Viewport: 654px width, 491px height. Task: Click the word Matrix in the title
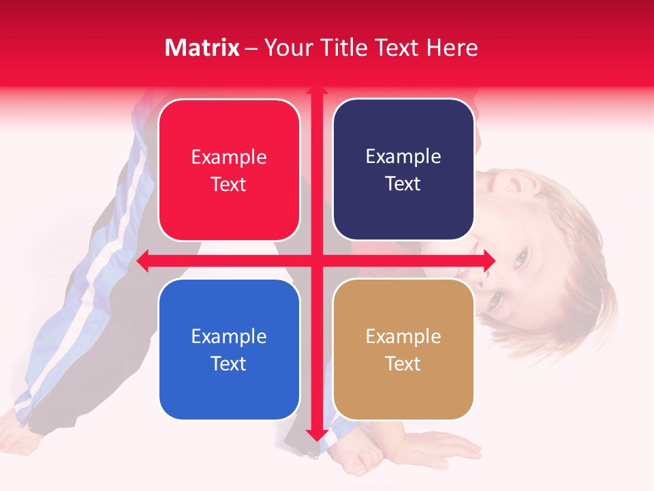202,48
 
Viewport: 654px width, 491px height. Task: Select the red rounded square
229,170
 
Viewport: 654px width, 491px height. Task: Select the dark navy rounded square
403,170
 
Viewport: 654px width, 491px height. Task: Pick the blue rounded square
229,349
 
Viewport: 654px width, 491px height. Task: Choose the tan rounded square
403,349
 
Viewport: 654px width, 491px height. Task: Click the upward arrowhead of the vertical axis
316,89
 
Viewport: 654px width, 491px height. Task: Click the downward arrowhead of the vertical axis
316,435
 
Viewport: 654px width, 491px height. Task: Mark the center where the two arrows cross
316,261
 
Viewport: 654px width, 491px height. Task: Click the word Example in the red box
229,157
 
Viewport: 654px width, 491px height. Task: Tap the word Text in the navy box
403,183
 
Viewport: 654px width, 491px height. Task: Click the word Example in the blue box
229,336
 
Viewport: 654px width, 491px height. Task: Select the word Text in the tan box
403,363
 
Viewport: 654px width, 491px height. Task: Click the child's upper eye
520,257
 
